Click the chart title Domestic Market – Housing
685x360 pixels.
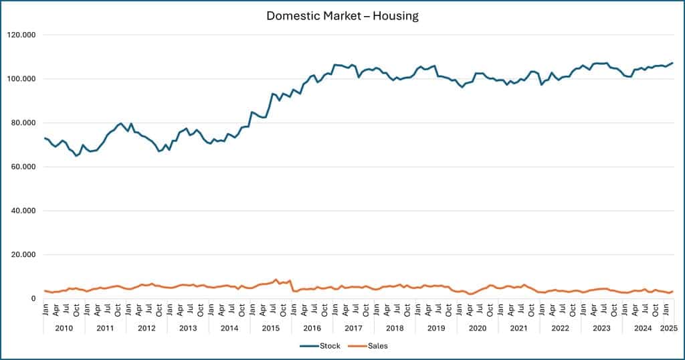(342, 16)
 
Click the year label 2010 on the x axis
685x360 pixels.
(64, 328)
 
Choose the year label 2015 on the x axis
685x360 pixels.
(270, 328)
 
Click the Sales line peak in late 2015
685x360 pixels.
(276, 280)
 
